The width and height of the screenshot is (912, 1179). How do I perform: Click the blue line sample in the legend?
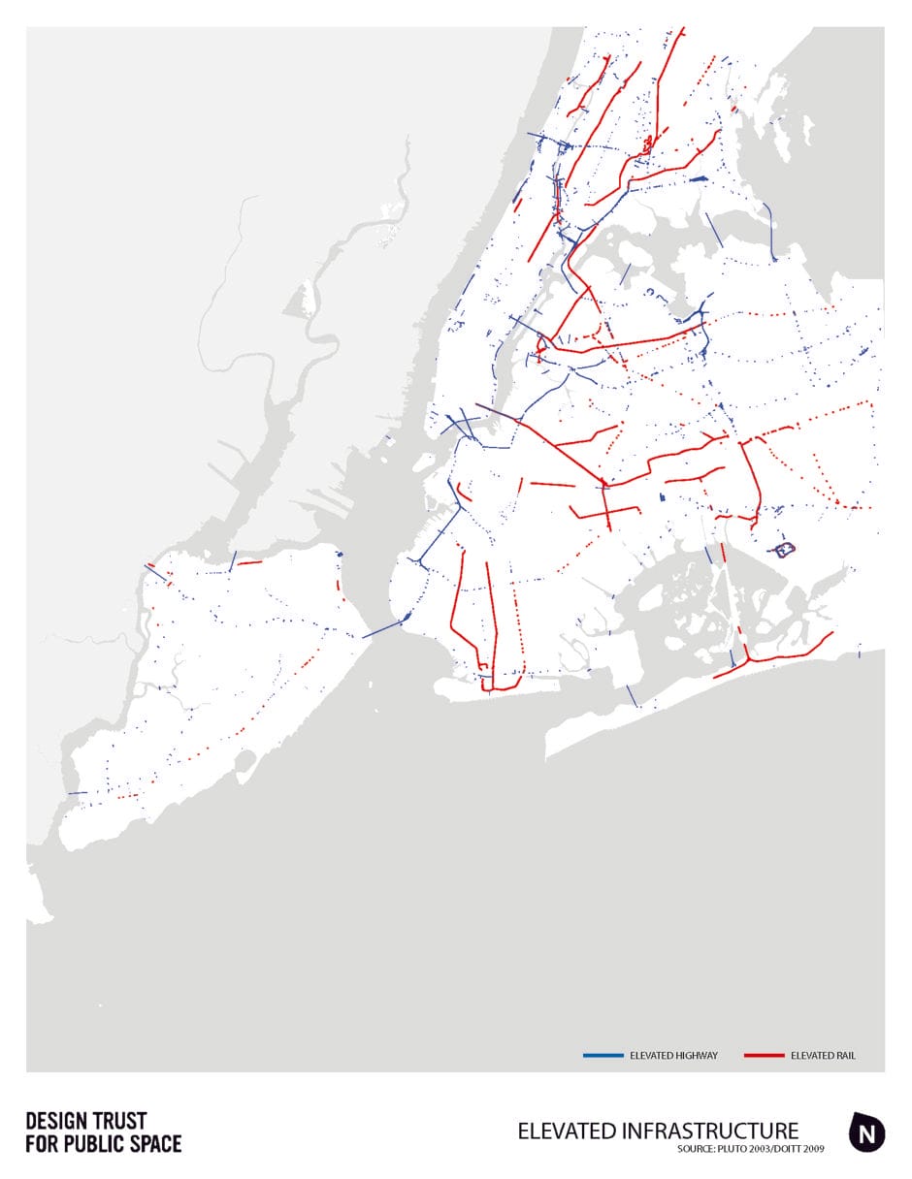click(603, 1055)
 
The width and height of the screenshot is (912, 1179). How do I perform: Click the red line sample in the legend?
click(764, 1055)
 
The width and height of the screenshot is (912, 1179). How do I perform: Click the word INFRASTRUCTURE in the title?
click(702, 1131)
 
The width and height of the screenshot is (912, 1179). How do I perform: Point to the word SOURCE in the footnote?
click(695, 1150)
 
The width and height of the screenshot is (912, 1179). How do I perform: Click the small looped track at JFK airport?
click(785, 551)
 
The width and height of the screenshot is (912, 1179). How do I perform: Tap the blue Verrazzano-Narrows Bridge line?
click(381, 627)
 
